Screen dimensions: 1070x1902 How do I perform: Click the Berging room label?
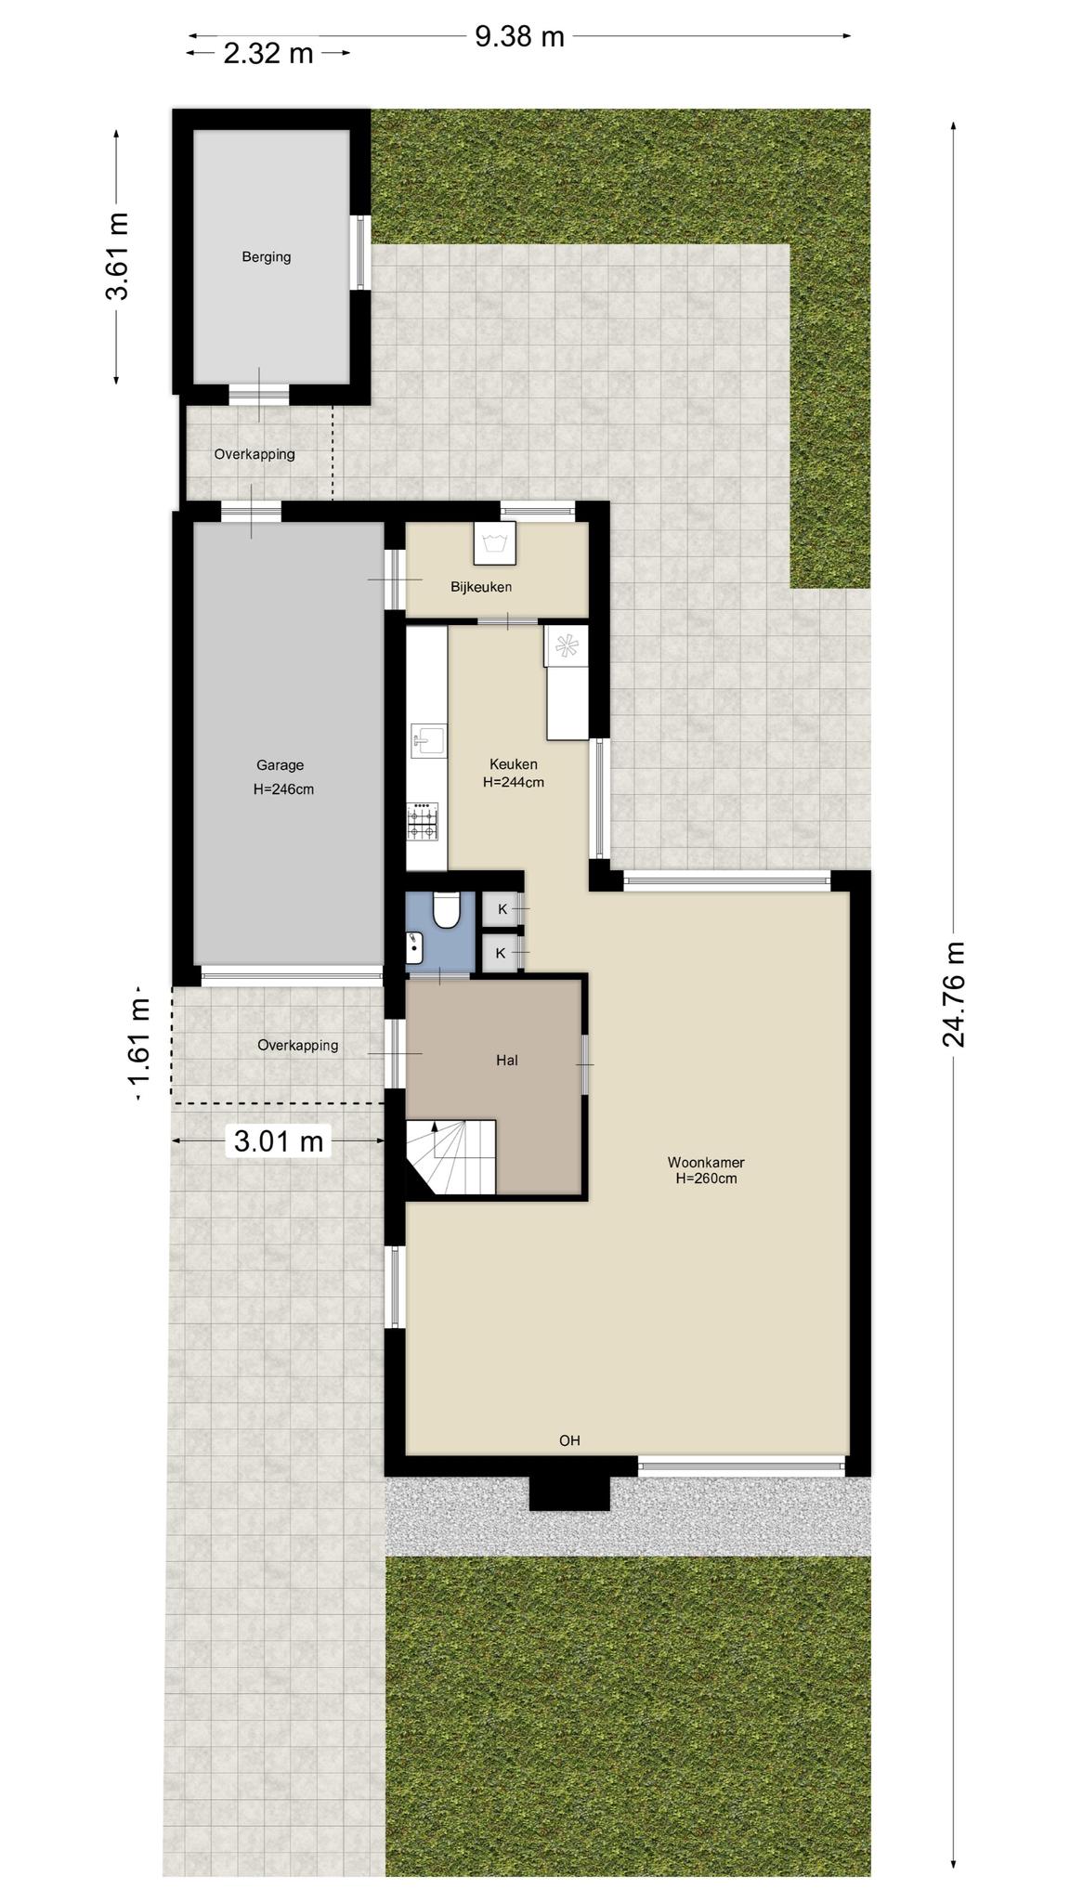267,257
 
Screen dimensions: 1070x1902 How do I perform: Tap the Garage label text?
281,765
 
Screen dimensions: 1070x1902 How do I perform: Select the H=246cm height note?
283,789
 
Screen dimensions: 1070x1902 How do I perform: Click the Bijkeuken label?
481,587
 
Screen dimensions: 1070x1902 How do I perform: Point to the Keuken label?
514,764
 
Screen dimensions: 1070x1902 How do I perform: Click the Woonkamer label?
706,1163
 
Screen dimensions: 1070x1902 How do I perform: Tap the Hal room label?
506,1060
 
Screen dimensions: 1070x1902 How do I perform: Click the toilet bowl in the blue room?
447,910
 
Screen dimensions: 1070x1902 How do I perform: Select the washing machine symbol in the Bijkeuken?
493,542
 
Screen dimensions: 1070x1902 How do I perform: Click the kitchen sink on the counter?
428,741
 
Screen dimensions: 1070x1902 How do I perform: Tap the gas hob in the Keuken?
423,822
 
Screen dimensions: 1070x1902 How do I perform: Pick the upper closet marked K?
502,909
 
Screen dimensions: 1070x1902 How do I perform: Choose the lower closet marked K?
502,953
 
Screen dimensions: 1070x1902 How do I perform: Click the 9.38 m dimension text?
520,36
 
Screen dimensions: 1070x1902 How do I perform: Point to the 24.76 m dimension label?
954,995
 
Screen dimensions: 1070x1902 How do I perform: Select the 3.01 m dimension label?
279,1141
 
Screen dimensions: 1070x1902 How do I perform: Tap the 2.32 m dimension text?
268,53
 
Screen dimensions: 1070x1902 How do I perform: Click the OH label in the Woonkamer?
569,1440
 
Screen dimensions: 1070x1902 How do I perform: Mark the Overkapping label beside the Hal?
298,1046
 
